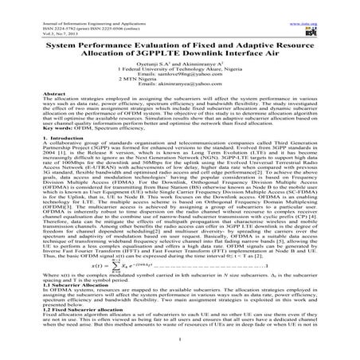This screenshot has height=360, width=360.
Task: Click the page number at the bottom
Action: (180, 357)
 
